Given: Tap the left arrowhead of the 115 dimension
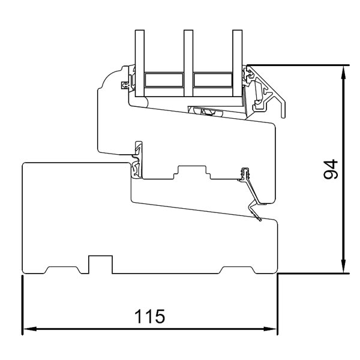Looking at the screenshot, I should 28,329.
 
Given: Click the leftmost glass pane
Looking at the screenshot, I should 140,60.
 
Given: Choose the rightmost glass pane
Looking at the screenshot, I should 236,60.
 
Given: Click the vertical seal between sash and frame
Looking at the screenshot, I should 139,158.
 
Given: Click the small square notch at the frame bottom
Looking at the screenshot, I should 101,264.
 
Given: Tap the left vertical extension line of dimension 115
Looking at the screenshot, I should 22,306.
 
